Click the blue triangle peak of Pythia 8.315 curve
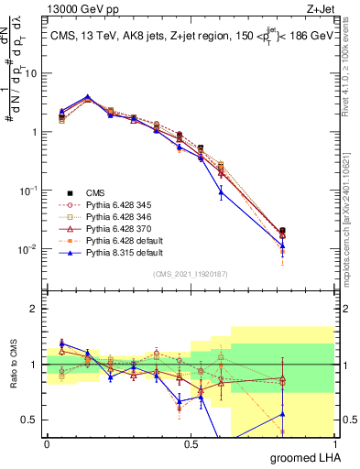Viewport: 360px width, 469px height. click(x=87, y=96)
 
